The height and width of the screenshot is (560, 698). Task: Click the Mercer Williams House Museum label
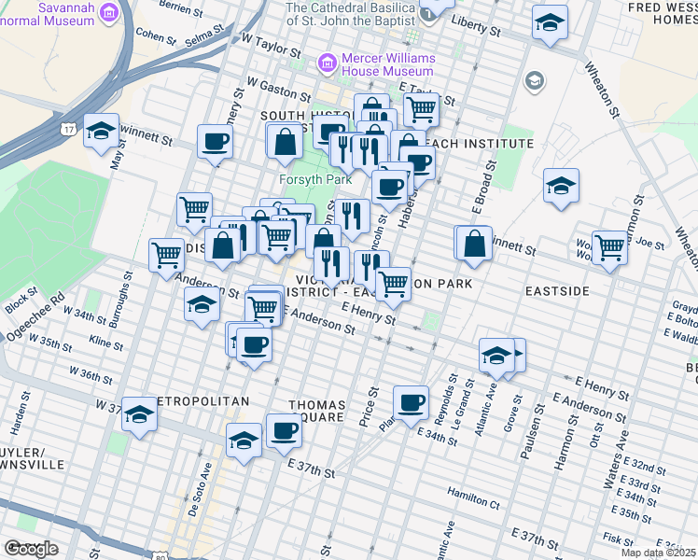(x=387, y=64)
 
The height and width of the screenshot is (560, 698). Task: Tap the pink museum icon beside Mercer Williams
(x=327, y=63)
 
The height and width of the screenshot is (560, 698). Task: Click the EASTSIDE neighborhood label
(x=557, y=291)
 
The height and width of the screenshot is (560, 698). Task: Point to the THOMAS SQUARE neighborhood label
(x=317, y=412)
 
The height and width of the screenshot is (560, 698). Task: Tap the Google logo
(x=31, y=549)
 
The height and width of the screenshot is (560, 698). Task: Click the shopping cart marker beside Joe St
(x=609, y=247)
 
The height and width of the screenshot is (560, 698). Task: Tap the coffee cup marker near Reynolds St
(x=409, y=402)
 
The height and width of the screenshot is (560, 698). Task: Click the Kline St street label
(x=105, y=344)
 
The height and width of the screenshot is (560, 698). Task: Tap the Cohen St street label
(x=156, y=35)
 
